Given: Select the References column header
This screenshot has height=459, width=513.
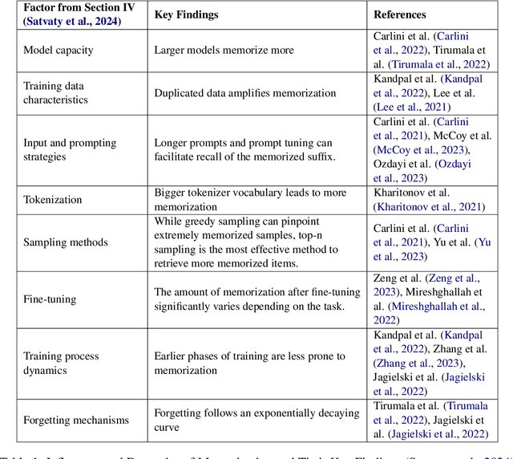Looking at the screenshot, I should tap(400, 14).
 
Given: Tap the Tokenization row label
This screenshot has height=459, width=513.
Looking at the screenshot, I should tap(54, 200).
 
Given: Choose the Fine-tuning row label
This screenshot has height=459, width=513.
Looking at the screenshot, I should tap(50, 299).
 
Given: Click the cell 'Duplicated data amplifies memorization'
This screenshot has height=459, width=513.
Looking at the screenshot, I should tap(245, 93).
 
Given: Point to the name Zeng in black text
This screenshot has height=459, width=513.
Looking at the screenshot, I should tap(387, 278).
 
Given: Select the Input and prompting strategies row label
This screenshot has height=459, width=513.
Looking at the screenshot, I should tap(70, 150).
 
